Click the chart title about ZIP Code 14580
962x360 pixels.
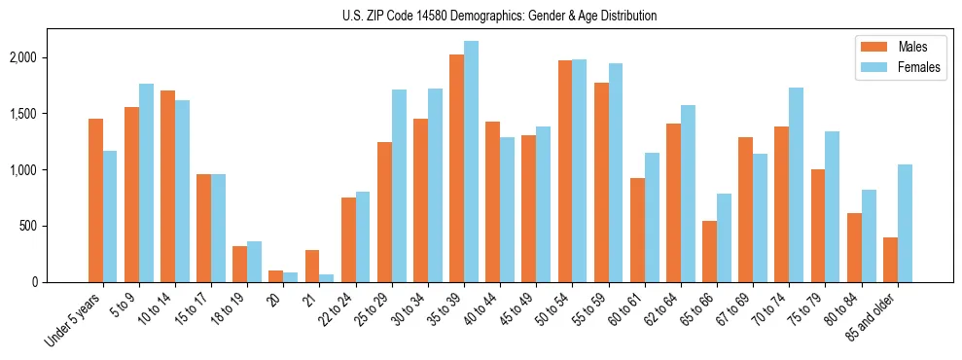(x=499, y=16)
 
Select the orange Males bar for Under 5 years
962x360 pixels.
(x=95, y=200)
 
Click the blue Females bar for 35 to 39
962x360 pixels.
(x=471, y=162)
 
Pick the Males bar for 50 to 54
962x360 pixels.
(x=565, y=171)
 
